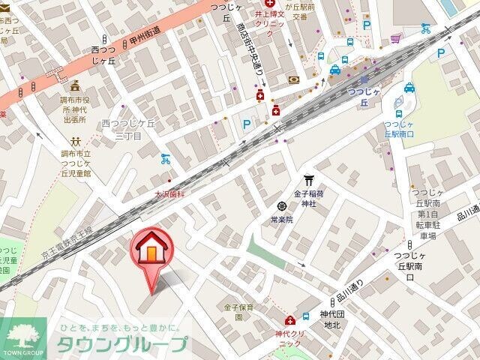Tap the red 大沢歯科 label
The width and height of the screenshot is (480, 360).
click(x=171, y=193)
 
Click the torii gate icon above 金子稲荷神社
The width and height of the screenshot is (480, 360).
click(x=308, y=179)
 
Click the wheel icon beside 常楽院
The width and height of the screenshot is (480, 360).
click(x=282, y=205)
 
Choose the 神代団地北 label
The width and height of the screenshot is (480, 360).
click(x=331, y=319)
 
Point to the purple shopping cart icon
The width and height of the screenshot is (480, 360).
click(x=394, y=37)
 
